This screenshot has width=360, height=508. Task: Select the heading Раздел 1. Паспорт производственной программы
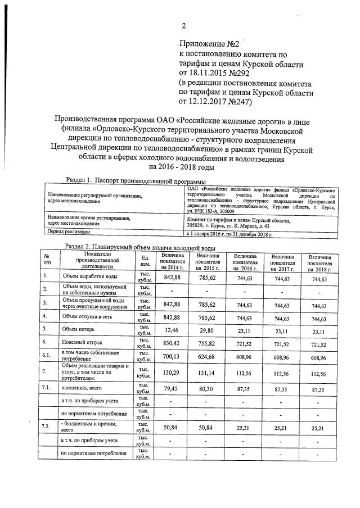pos(136,181)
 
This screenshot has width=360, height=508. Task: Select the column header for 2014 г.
pos(173,262)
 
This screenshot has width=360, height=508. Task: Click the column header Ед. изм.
pos(145,261)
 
